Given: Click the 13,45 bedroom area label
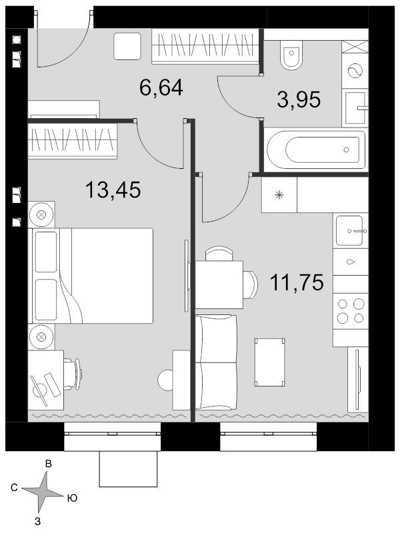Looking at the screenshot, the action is [x=113, y=190].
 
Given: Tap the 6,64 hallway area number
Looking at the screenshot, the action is [x=161, y=87].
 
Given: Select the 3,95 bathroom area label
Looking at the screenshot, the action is [x=299, y=99].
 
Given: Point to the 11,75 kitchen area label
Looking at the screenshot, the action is [x=297, y=282].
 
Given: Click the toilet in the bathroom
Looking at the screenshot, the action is [x=291, y=55].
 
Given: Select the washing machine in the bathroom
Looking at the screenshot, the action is [x=355, y=71].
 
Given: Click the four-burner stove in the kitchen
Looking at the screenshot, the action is [x=351, y=310].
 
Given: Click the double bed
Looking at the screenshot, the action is [x=92, y=276].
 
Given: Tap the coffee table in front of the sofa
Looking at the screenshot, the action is [x=270, y=362].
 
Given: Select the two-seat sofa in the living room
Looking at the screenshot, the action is [x=216, y=362].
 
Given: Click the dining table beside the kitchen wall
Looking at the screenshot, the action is [x=219, y=285].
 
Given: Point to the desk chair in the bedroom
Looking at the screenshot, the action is [x=73, y=373].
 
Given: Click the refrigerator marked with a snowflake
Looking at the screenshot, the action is [x=279, y=195].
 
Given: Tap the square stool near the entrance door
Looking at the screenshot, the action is [x=127, y=46].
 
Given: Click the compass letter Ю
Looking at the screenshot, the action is [x=72, y=498].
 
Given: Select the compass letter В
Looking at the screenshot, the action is [x=49, y=464].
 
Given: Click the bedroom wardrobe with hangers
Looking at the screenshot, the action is [x=73, y=141].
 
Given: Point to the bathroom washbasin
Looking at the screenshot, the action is [x=355, y=108].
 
